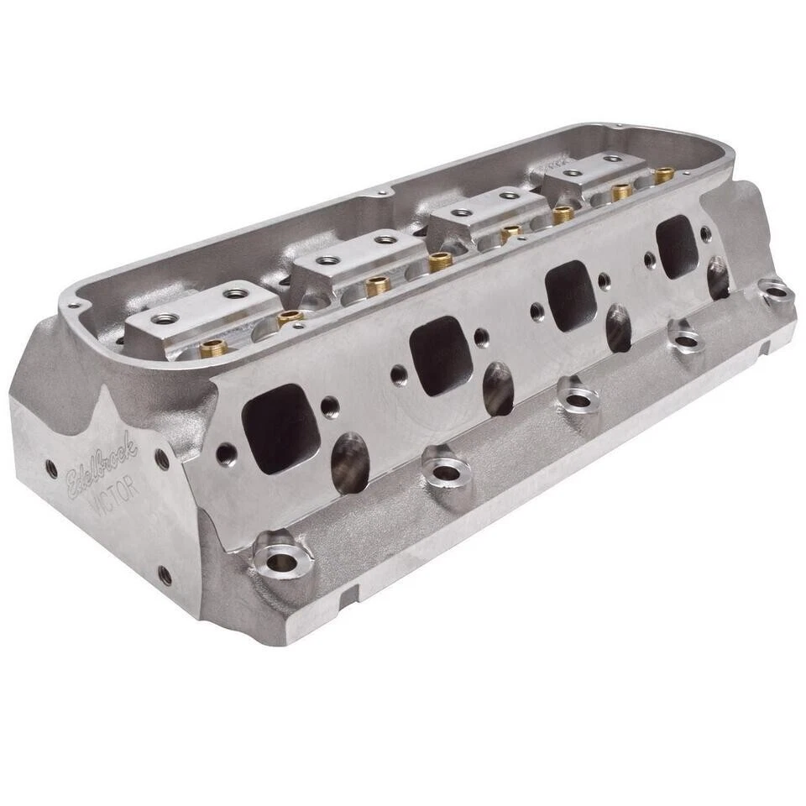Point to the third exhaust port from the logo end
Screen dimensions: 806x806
tap(570, 295)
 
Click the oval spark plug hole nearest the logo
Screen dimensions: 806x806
tap(350, 463)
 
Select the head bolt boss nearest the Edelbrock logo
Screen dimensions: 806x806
tap(280, 555)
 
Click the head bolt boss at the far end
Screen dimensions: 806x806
tap(777, 291)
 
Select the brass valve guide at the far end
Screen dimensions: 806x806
tap(664, 175)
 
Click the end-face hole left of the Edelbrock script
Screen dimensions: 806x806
tap(52, 469)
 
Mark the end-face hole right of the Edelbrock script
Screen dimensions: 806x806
tap(162, 460)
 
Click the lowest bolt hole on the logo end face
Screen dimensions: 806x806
tap(165, 576)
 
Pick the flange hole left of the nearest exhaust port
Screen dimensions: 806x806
tap(225, 454)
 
